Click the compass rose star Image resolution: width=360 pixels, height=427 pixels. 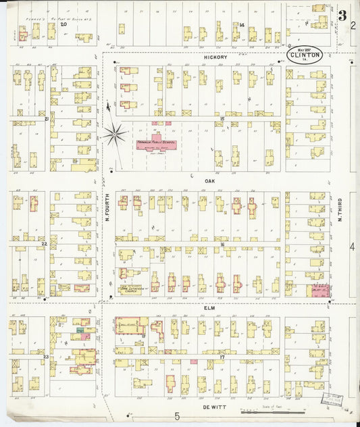point(114,134)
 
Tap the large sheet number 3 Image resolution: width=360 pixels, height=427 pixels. point(342,15)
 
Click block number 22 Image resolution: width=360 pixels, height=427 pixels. point(45,243)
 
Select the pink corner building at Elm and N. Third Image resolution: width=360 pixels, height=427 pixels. point(318,291)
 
